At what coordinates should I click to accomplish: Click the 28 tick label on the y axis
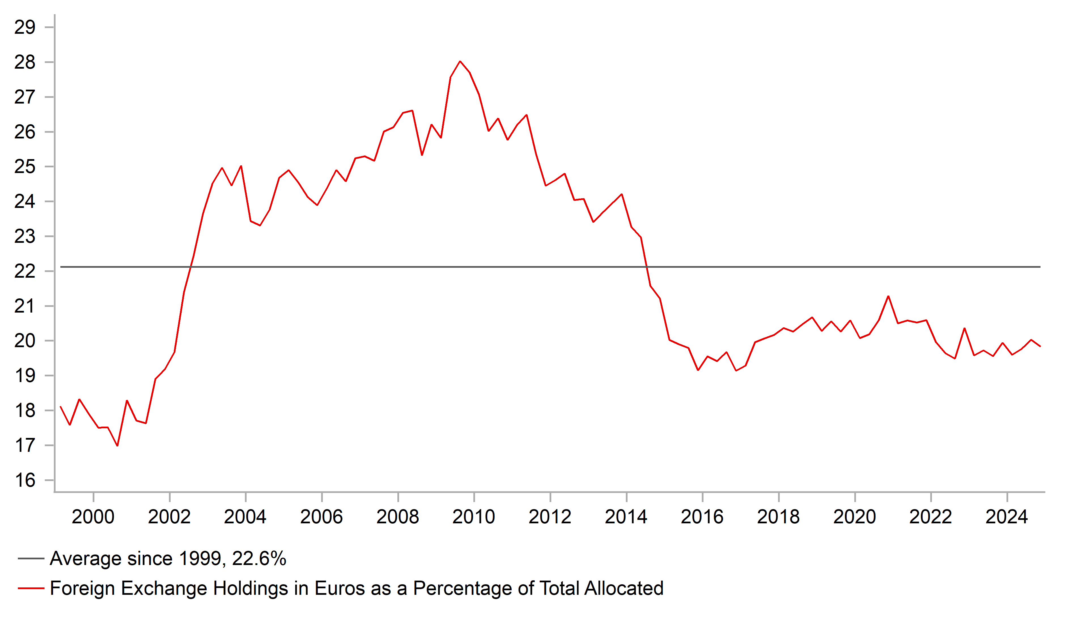click(25, 62)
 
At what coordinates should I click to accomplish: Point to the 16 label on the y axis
click(25, 480)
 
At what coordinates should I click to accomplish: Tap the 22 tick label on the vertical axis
click(25, 271)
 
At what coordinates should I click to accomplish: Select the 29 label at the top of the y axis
click(25, 28)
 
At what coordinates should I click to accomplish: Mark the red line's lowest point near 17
click(117, 445)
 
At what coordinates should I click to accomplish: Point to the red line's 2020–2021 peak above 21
click(888, 296)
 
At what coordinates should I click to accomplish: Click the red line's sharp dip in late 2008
click(422, 155)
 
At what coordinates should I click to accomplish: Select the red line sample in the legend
click(31, 588)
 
